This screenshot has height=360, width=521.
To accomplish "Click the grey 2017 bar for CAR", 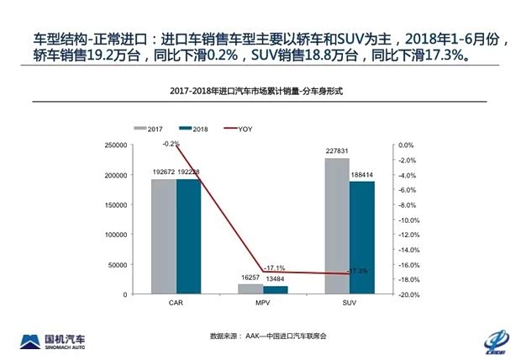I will tap(164, 236).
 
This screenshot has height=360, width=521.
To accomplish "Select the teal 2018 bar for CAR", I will tap(189, 236).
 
